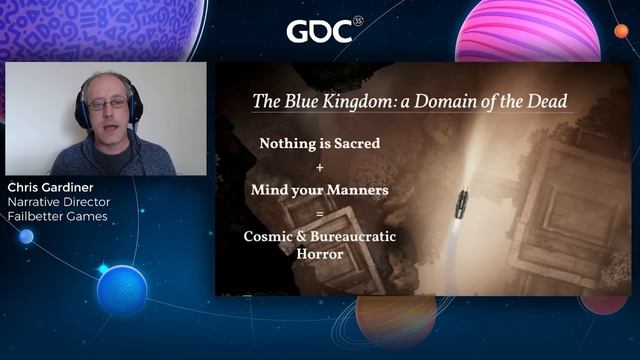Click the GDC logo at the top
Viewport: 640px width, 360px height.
pos(319,31)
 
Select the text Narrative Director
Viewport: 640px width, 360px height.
pos(57,203)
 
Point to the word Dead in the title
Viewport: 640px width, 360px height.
pos(544,100)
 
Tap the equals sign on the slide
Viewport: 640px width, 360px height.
pos(319,214)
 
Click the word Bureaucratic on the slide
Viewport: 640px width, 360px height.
pos(351,237)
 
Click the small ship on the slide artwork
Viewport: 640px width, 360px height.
pos(461,203)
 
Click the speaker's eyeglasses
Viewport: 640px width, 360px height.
pos(109,103)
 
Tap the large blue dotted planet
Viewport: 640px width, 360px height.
pos(122,290)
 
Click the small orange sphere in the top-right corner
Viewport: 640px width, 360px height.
pos(621,31)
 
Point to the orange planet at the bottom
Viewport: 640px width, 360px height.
pos(395,325)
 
